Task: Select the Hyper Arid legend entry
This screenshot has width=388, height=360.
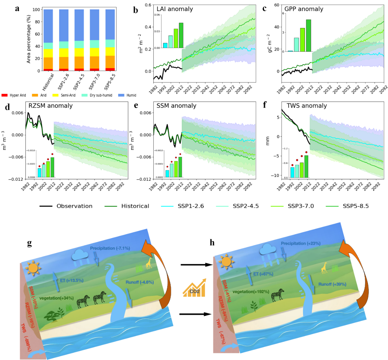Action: [x=14, y=95]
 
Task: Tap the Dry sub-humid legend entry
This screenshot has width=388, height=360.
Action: [x=98, y=95]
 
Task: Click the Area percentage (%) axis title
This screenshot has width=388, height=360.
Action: [x=29, y=39]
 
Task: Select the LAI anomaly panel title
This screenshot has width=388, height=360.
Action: [x=175, y=9]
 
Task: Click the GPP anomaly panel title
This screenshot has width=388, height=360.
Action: [x=304, y=9]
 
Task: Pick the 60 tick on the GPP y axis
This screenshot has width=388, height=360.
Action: [x=275, y=5]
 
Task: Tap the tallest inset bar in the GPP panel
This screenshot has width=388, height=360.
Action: [x=308, y=35]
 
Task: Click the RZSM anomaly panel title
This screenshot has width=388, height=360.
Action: [x=51, y=106]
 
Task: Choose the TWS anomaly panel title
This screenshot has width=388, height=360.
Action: [x=307, y=106]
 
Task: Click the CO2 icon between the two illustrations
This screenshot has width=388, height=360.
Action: [x=194, y=287]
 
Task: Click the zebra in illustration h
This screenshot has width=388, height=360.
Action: [x=278, y=295]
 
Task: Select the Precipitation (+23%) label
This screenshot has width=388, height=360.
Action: [x=300, y=244]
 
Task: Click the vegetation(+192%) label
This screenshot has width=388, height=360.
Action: [x=251, y=292]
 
